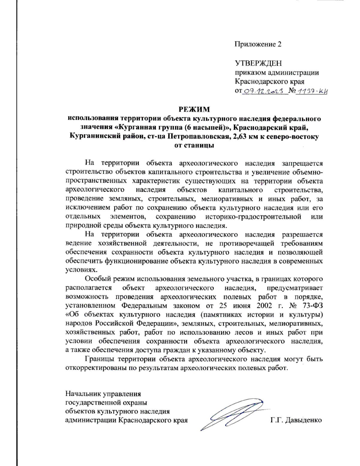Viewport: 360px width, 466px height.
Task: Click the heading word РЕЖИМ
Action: [194, 109]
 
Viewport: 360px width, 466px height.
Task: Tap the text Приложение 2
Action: [258, 44]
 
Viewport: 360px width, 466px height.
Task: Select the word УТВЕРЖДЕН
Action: [258, 63]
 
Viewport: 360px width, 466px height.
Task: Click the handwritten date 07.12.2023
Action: [264, 91]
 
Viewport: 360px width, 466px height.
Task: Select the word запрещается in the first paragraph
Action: [302, 163]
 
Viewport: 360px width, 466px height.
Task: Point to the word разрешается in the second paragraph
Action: [302, 234]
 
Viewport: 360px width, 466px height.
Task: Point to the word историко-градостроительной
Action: [253, 217]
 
